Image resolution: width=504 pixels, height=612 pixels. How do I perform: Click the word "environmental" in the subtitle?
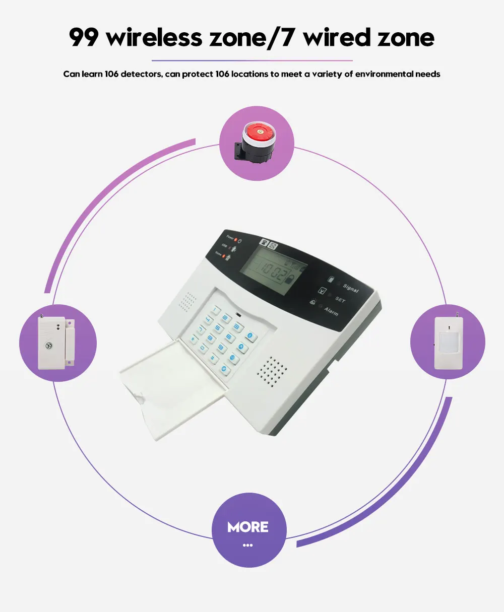click(384, 74)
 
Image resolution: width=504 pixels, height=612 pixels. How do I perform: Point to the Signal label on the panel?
click(350, 288)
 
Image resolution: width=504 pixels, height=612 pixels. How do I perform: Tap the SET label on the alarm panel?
click(340, 300)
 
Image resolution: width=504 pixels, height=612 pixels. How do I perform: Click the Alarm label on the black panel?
click(331, 312)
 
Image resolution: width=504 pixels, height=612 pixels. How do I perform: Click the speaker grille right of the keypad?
click(273, 371)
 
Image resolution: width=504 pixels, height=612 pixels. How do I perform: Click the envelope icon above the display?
click(273, 247)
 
